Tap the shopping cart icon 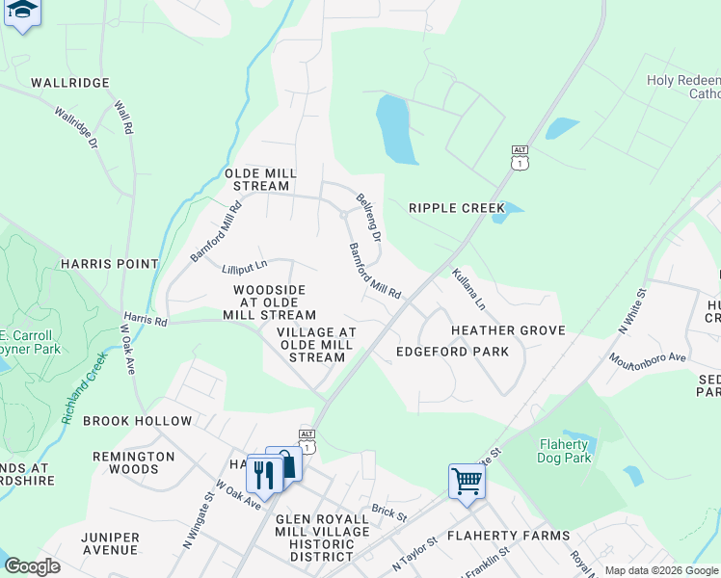(467, 480)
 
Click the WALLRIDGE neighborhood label (70, 83)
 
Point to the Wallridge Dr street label (76, 128)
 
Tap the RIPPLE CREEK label (457, 208)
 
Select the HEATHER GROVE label (508, 330)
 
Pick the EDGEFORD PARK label (452, 352)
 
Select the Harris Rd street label (145, 319)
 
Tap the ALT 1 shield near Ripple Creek (520, 158)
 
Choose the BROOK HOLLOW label (137, 421)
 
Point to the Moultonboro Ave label (646, 357)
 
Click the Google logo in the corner (32, 566)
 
